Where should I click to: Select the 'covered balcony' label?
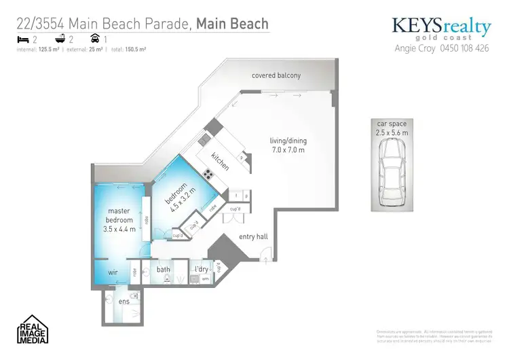pos(276,75)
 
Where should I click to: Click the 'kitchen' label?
pos(221,160)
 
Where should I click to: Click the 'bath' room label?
pos(164,270)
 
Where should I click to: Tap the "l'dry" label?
pos(201,270)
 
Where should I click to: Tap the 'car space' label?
pos(392,124)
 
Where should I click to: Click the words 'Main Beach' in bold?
pos(232,25)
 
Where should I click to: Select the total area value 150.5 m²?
pos(136,50)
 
